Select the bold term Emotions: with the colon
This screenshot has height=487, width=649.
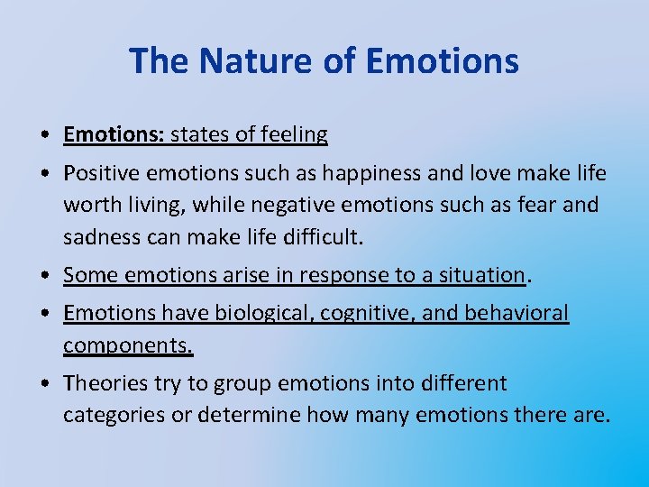(x=114, y=135)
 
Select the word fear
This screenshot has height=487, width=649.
(x=538, y=205)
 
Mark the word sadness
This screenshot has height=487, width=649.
(x=100, y=237)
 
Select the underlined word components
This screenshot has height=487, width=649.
(x=128, y=345)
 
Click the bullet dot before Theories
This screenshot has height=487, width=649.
(x=43, y=384)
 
